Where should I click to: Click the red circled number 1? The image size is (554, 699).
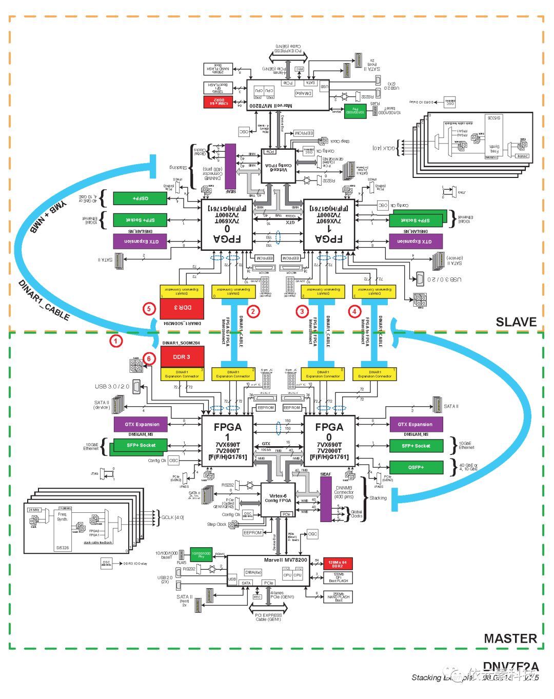click(x=116, y=341)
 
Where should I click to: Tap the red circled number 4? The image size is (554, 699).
click(x=354, y=311)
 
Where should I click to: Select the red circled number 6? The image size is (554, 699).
click(x=149, y=358)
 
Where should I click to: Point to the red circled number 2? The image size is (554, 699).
click(x=252, y=311)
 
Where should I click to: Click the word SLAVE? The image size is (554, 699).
click(x=516, y=322)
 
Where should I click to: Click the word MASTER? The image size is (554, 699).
click(x=510, y=638)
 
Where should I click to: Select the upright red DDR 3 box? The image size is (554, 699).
click(x=182, y=357)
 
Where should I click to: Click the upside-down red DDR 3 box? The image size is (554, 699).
click(x=182, y=308)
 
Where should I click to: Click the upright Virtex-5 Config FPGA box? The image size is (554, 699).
click(x=278, y=499)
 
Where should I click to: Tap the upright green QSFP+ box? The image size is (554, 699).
click(x=416, y=467)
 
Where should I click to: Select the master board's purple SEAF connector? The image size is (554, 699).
click(x=326, y=499)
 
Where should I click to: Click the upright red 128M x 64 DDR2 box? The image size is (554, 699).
click(x=338, y=564)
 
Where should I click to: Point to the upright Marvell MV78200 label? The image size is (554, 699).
click(x=286, y=560)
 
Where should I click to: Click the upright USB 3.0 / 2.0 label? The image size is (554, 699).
click(x=112, y=387)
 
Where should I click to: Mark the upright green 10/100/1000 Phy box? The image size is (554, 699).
click(x=201, y=554)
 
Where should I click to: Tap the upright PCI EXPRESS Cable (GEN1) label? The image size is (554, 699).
click(x=268, y=617)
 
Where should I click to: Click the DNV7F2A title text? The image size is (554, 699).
click(x=510, y=667)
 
